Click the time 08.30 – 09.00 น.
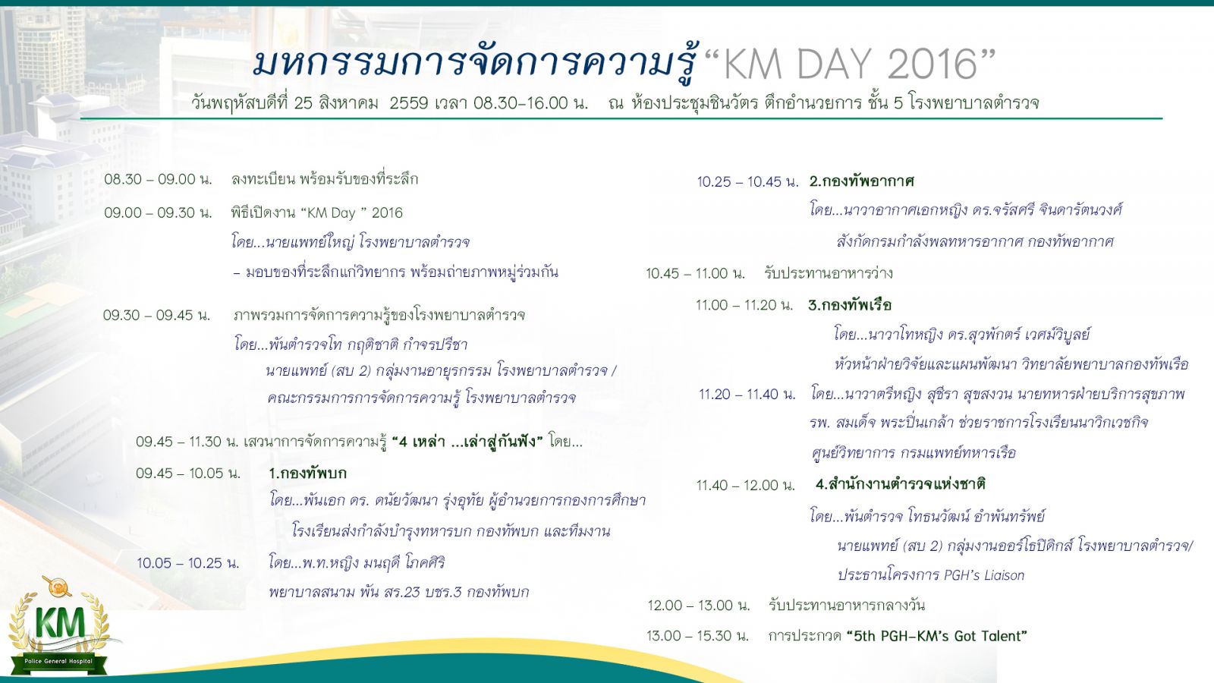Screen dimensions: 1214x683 158,179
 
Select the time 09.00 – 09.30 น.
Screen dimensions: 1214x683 158,212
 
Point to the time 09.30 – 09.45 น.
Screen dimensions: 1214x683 156,315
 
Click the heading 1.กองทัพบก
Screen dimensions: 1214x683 307,474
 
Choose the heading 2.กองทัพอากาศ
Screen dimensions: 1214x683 862,181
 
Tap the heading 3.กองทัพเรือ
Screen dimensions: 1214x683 850,305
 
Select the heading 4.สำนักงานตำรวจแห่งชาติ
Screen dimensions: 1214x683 900,484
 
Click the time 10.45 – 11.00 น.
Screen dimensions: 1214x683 695,273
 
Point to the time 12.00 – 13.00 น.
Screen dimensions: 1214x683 699,605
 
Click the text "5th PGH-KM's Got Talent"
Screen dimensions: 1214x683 936,636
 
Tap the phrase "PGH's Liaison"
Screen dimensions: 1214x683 984,575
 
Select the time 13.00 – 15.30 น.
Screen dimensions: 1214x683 697,636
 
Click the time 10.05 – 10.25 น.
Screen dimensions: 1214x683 187,563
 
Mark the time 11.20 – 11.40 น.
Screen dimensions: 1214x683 747,394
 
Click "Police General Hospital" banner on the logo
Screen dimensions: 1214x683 58,661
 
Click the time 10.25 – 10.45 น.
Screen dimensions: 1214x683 748,182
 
